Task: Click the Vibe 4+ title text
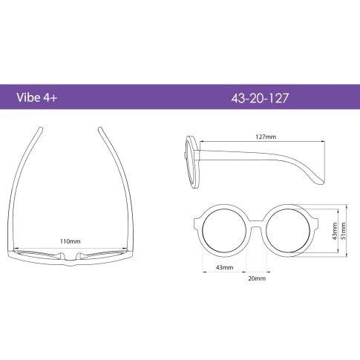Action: click(37, 98)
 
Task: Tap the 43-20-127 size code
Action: click(260, 98)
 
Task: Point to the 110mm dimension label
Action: click(71, 241)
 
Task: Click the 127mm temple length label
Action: click(266, 137)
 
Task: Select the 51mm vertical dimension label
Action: click(343, 231)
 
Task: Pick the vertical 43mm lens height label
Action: click(335, 231)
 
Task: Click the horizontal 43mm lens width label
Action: click(224, 267)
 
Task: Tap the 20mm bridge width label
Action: click(257, 278)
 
